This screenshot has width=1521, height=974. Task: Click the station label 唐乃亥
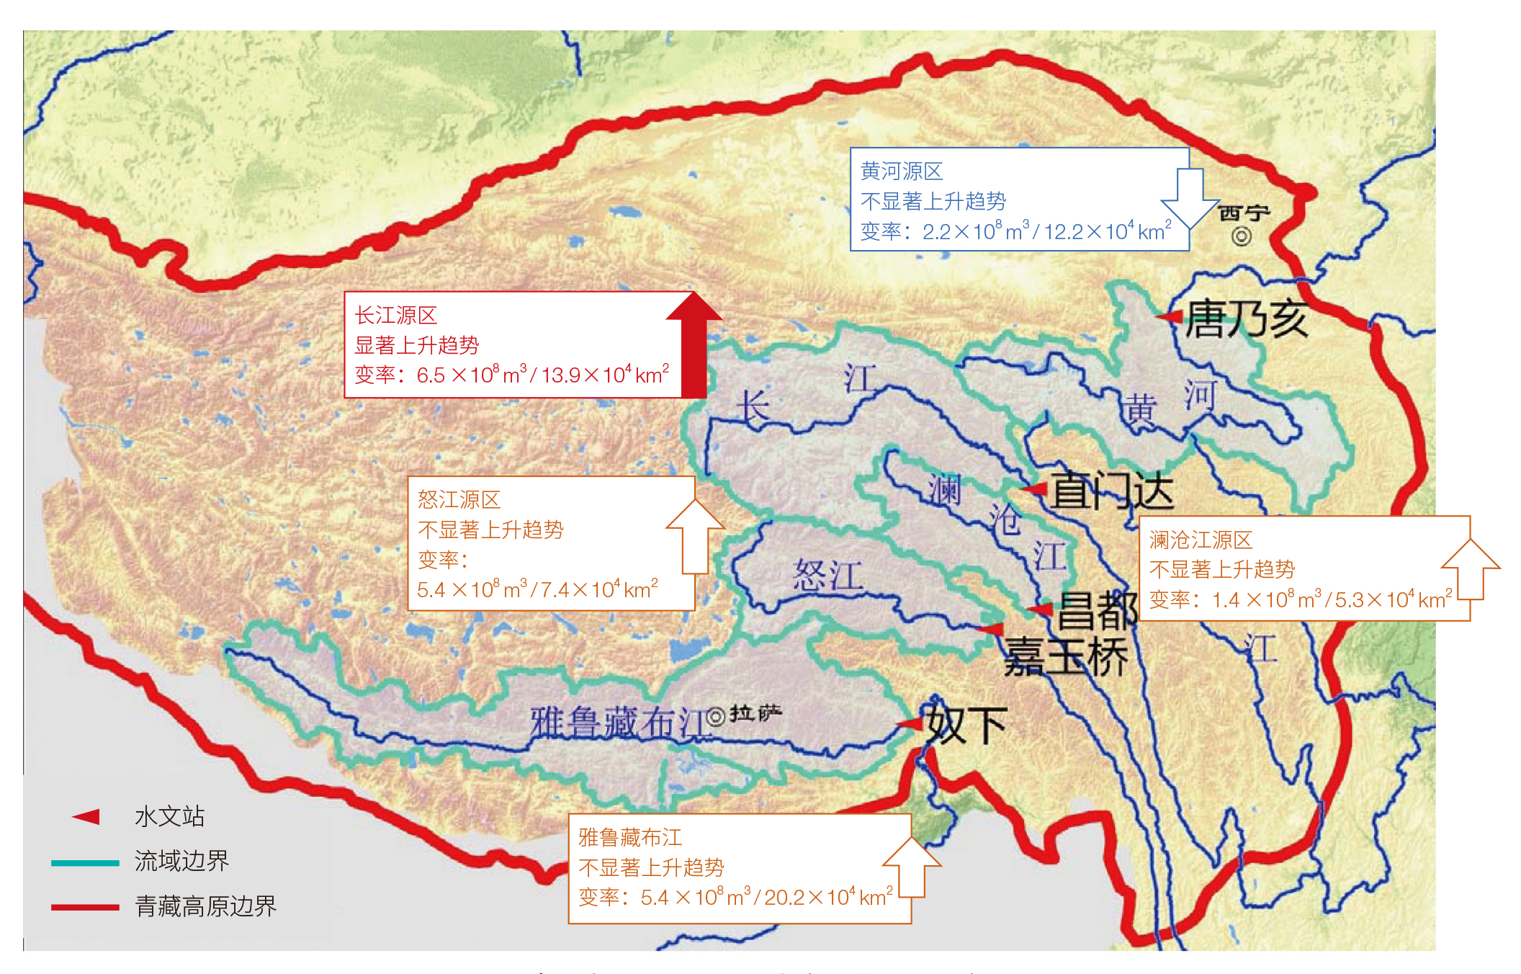click(1247, 319)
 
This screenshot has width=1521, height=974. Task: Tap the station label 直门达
click(1112, 491)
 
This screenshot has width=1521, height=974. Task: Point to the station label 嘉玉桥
click(1066, 658)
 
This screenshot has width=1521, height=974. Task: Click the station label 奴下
click(966, 725)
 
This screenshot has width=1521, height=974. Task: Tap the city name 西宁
click(1244, 213)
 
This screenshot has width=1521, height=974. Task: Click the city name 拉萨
click(755, 714)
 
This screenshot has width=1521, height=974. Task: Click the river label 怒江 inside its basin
click(827, 576)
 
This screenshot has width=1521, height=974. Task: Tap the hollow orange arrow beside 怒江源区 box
click(696, 537)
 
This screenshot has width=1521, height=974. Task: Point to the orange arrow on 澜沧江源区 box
click(1471, 569)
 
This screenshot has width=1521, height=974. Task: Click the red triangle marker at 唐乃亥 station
click(1169, 316)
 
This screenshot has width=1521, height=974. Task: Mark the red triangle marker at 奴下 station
click(910, 723)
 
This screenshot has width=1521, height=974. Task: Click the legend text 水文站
click(170, 816)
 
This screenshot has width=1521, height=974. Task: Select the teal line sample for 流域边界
click(85, 862)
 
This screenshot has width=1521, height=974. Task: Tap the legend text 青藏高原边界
click(206, 906)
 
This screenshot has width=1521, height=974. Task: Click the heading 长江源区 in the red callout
click(395, 315)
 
